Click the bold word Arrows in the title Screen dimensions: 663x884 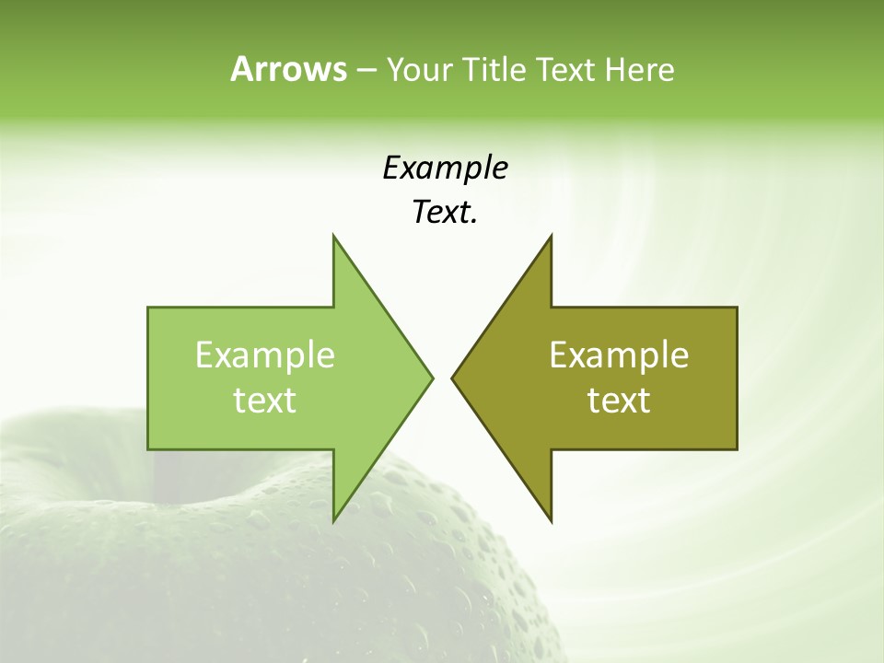(288, 69)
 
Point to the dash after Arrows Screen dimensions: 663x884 (366, 70)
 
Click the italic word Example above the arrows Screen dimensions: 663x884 (445, 169)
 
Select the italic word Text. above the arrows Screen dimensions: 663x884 (445, 213)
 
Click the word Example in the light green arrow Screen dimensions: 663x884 (265, 355)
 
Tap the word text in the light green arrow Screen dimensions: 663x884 (265, 400)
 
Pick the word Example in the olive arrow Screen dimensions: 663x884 (619, 355)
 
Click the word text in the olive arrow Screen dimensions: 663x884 (619, 400)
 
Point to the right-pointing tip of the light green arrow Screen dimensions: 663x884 (430, 378)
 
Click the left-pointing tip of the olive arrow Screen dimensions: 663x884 (454, 378)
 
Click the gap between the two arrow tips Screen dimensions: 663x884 (442, 378)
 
